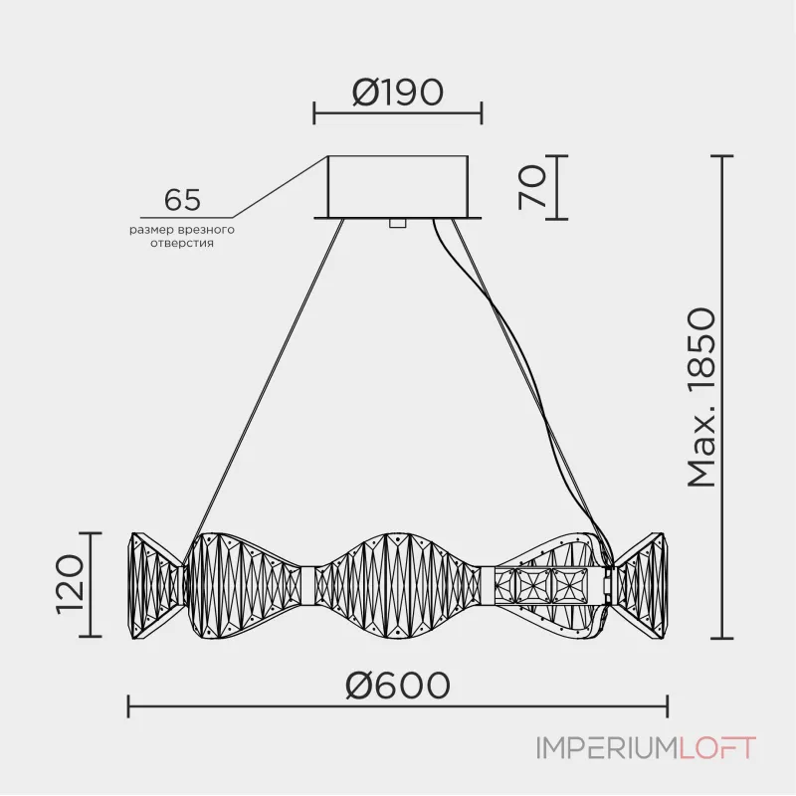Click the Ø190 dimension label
(x=397, y=93)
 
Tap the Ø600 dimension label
(x=397, y=685)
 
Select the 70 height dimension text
(x=532, y=187)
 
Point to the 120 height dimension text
(x=70, y=585)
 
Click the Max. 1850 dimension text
(x=701, y=397)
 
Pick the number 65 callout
(x=182, y=200)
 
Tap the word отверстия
(x=182, y=243)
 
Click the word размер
(x=152, y=230)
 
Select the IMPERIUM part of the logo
(x=607, y=748)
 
